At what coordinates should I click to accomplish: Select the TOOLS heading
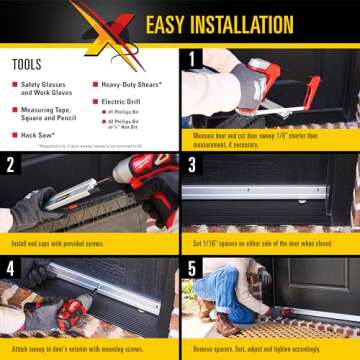[27, 64]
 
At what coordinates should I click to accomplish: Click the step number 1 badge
[192, 58]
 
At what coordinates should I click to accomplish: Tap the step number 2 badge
[11, 163]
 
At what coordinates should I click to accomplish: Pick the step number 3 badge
[192, 163]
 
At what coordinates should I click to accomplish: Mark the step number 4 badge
[11, 267]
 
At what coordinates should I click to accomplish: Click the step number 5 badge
[192, 267]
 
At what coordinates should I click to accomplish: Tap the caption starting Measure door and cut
[268, 137]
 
